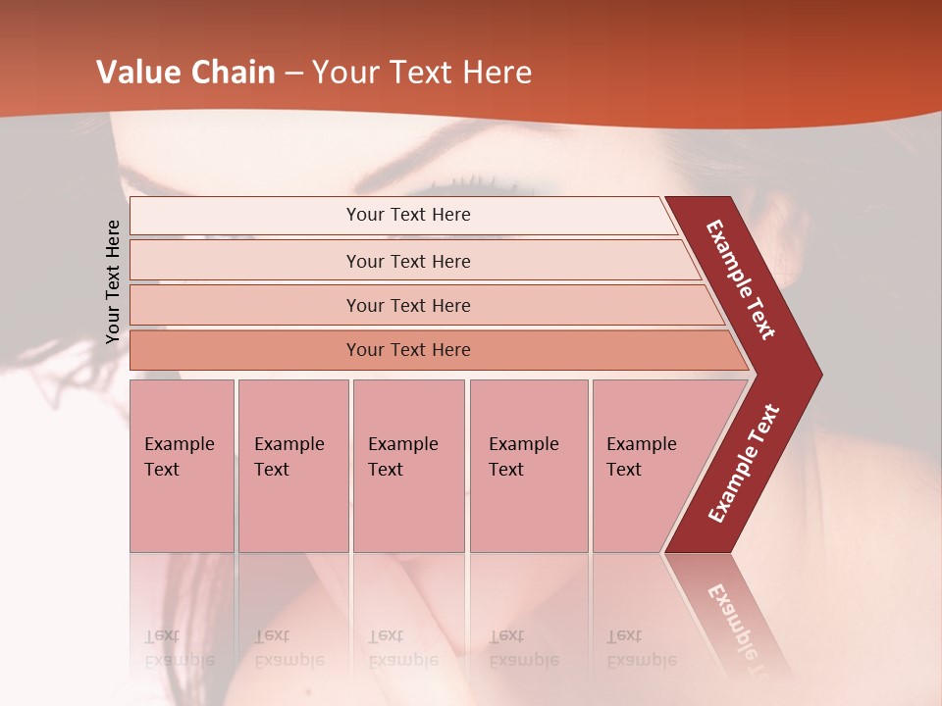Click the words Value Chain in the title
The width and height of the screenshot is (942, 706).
pos(185,73)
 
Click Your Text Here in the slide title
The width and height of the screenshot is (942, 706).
pos(422,73)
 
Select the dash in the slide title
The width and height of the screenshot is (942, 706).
pos(293,74)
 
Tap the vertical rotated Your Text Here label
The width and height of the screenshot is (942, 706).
pos(113,281)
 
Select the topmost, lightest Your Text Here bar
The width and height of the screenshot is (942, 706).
pos(408,215)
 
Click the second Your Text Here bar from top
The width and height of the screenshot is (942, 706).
pos(408,261)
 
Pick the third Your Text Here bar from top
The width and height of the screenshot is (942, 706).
pos(408,305)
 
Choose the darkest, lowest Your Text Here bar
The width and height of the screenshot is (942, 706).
pos(408,350)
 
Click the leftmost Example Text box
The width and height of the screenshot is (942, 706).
pos(182,466)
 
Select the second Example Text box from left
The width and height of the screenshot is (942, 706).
pos(292,466)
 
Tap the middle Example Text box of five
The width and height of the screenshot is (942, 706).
pos(408,466)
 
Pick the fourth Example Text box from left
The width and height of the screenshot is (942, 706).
pos(528,466)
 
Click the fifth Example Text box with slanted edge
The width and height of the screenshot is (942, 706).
pos(648,466)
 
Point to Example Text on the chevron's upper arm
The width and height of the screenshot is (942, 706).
pos(741,279)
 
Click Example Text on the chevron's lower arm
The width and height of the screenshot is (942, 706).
pos(744,463)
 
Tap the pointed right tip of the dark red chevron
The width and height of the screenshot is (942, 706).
pos(816,375)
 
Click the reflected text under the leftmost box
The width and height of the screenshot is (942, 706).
pos(179,647)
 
